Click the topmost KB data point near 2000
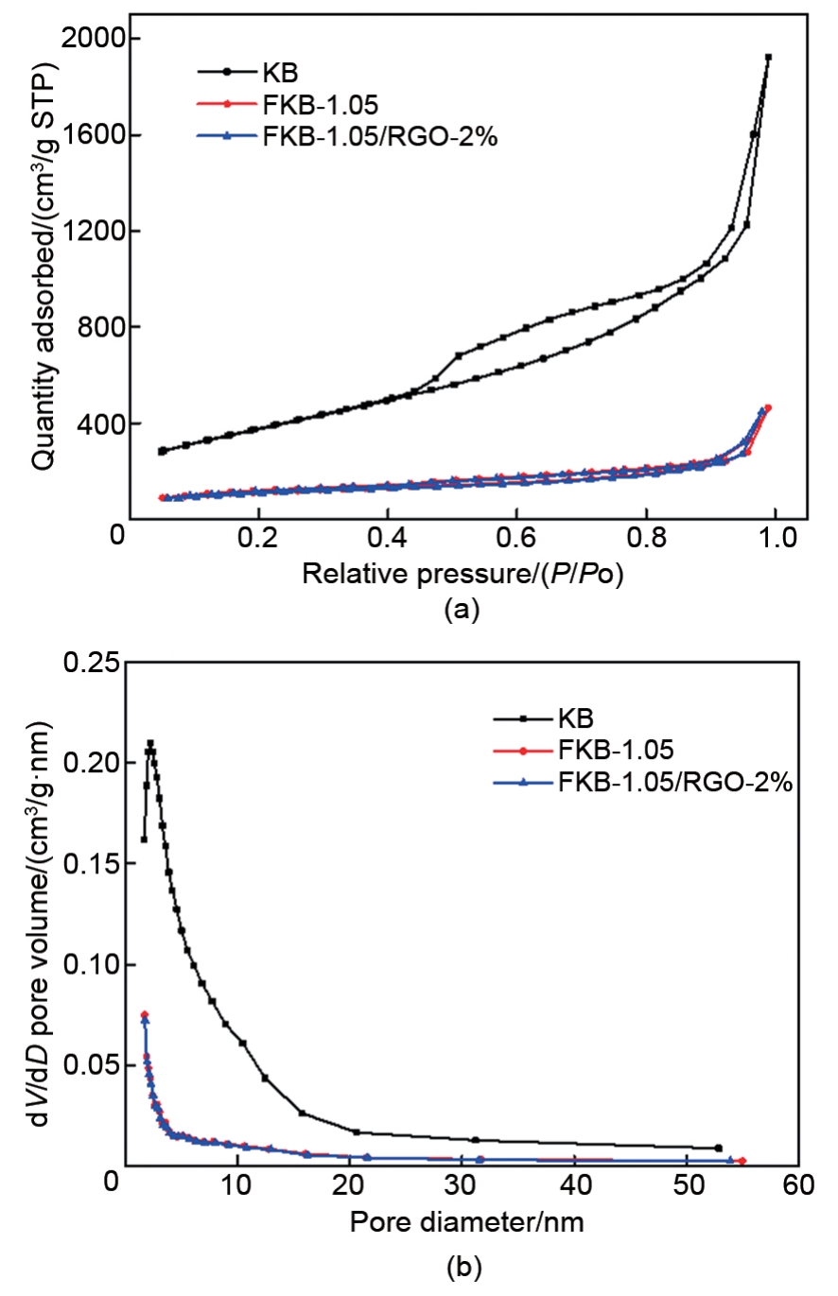click(x=768, y=58)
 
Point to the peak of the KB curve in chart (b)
click(x=150, y=744)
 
